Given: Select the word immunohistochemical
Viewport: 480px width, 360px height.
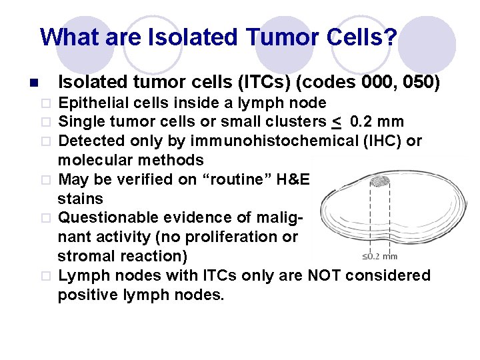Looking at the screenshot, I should pyautogui.click(x=267, y=141).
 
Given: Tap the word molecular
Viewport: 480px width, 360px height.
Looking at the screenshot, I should pyautogui.click(x=91, y=160).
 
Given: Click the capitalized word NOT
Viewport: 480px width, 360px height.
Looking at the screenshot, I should pyautogui.click(x=323, y=275).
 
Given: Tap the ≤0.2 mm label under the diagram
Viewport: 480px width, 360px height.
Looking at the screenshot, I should pyautogui.click(x=379, y=256).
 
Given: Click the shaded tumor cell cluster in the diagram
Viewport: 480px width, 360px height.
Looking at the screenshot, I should pyautogui.click(x=379, y=181).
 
